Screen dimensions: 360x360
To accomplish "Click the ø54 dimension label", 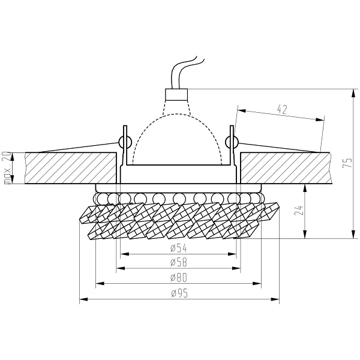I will click(x=178, y=248).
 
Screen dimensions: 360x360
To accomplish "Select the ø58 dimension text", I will click(x=178, y=263).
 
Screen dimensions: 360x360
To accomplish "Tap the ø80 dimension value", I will click(x=178, y=278).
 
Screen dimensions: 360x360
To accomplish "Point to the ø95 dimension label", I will click(x=178, y=293).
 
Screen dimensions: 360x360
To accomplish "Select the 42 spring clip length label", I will click(x=281, y=109).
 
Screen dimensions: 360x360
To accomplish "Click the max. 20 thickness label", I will click(x=7, y=167).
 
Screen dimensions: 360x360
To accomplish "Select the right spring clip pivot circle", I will click(x=231, y=142).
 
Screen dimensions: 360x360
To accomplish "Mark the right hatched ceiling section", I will click(x=285, y=167).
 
